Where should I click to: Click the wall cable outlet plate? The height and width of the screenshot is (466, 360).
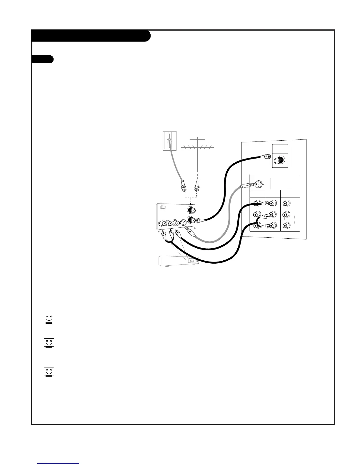pos(169,141)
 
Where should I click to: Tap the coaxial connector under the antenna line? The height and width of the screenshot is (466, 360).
pos(197,186)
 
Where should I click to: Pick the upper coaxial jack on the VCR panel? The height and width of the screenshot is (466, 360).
pos(191,210)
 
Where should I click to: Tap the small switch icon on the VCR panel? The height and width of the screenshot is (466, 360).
pos(163,207)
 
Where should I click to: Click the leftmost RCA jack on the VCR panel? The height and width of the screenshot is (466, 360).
pos(161,223)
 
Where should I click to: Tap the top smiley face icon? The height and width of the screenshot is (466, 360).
pos(49,319)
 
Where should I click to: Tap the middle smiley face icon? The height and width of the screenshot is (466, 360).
pos(49,343)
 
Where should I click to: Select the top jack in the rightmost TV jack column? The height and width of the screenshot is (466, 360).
pos(286,203)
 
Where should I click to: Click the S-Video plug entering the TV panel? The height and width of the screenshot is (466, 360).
pos(245,186)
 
